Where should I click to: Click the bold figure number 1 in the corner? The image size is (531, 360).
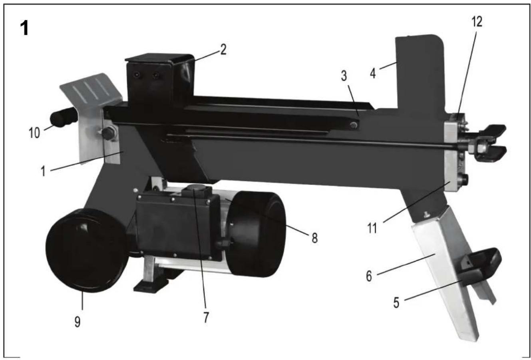coord(24,28)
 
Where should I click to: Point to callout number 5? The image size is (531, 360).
coord(396,302)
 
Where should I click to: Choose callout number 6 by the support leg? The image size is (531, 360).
coord(369,276)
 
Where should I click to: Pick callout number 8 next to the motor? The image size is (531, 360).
coord(314,238)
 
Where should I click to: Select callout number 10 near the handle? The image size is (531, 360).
coord(34,132)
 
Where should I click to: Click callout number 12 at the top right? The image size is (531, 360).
coord(477,22)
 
